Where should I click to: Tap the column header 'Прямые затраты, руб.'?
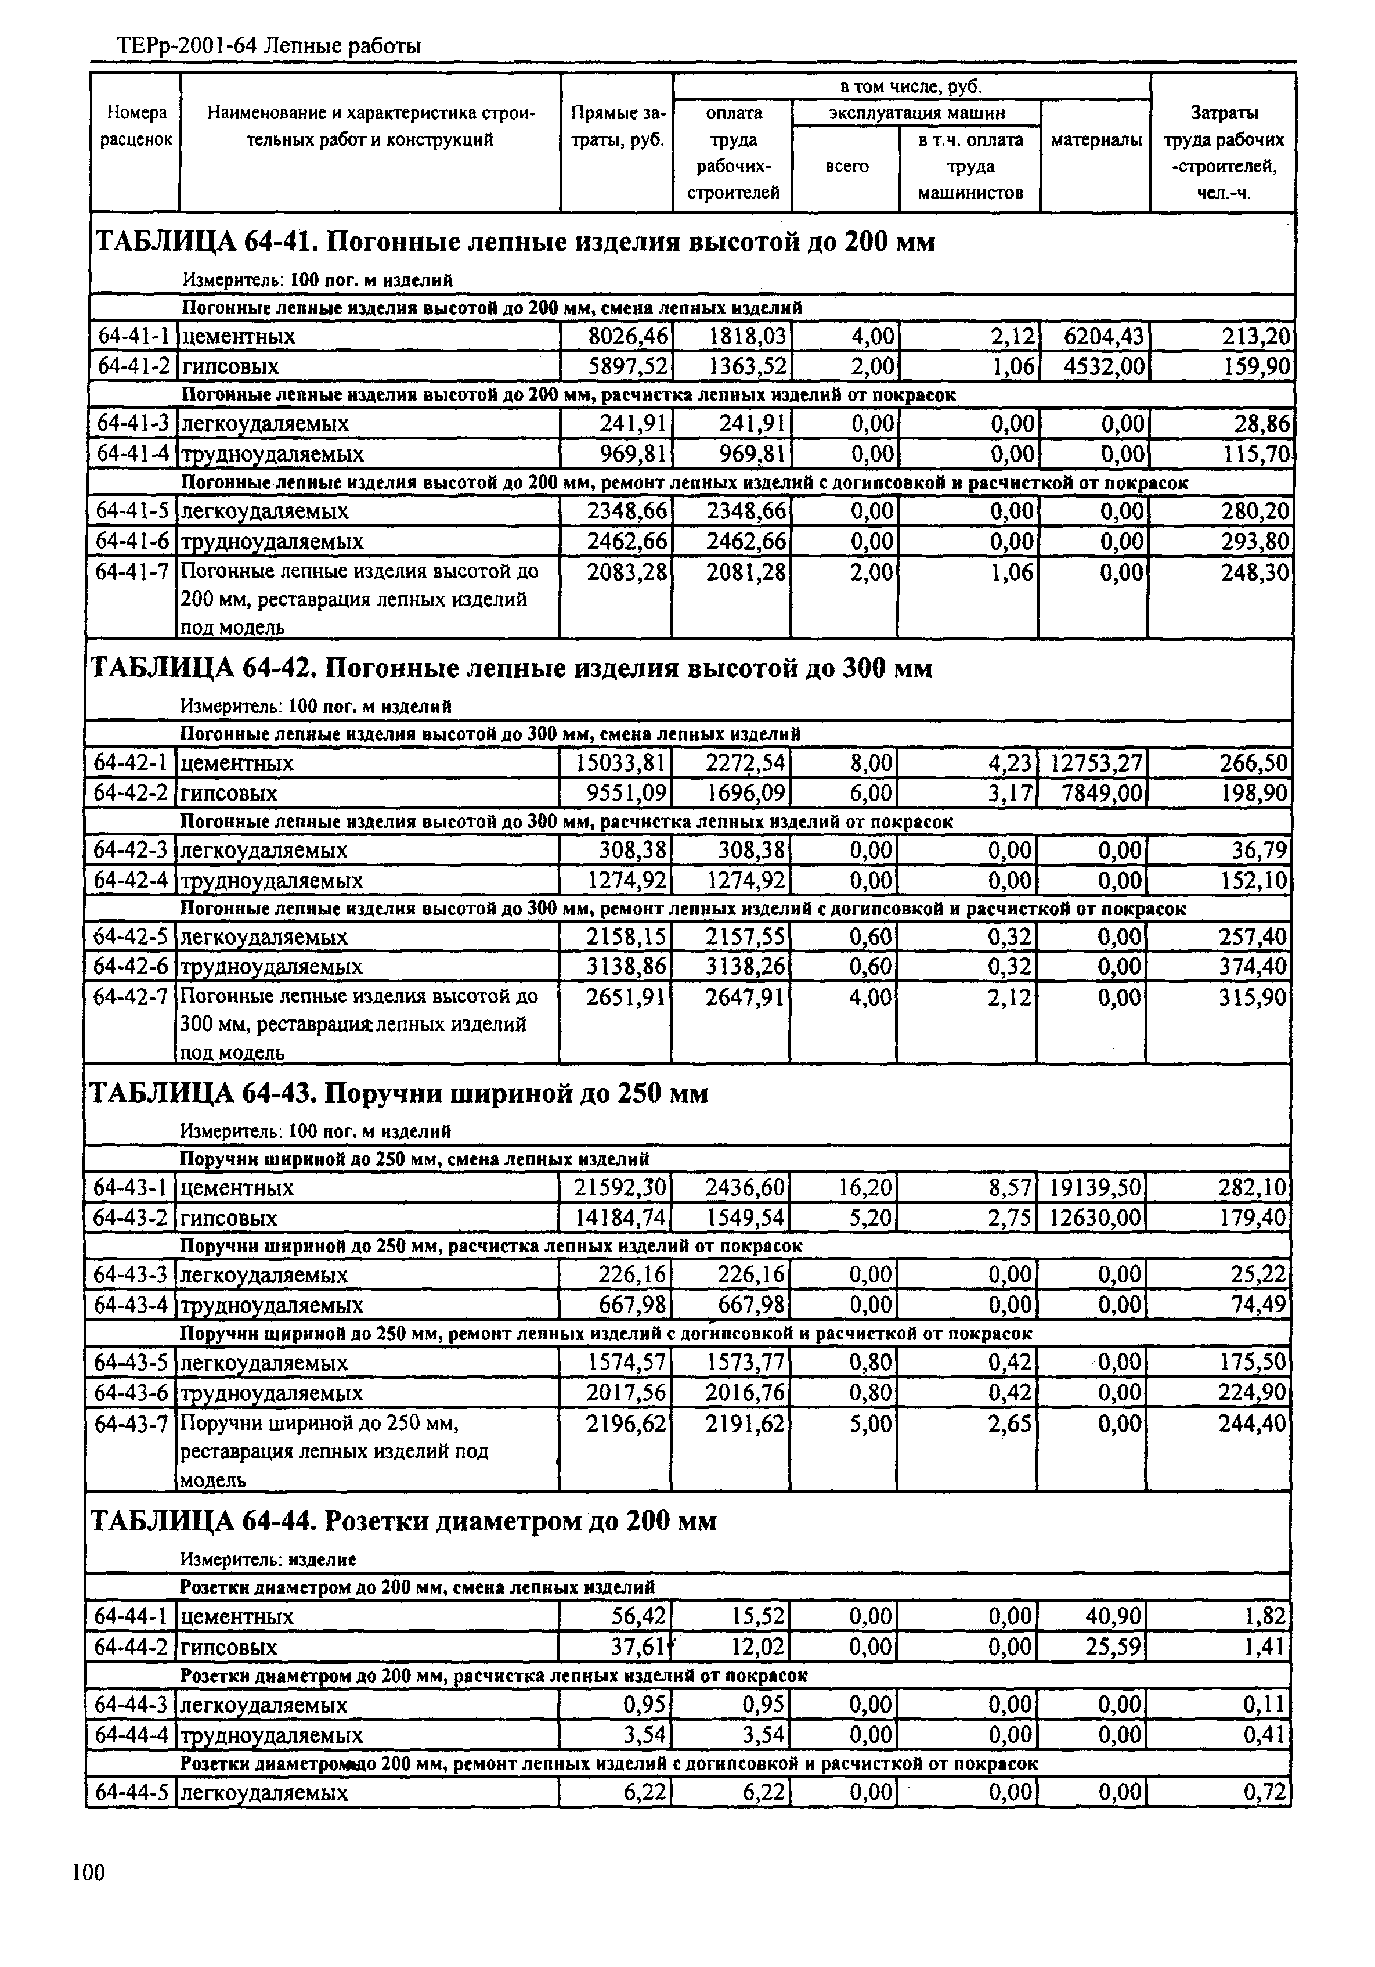(x=617, y=126)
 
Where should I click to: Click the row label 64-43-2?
(x=130, y=1217)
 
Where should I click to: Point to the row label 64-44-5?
(x=130, y=1793)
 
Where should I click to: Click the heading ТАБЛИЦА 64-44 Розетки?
(x=403, y=1522)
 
